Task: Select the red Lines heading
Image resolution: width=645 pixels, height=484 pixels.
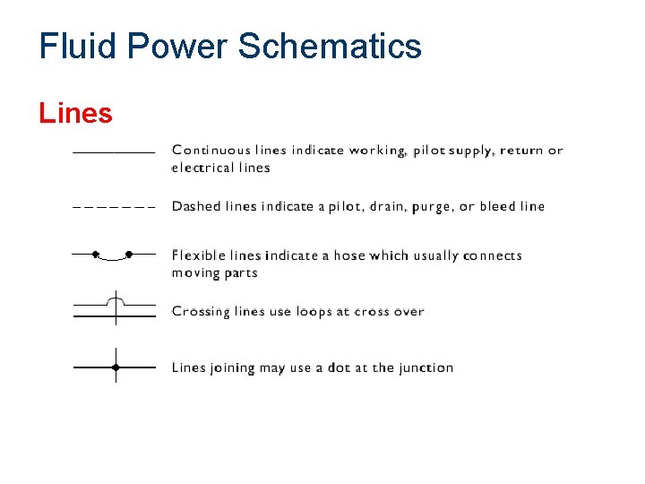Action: point(75,114)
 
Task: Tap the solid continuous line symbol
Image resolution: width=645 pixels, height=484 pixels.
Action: point(114,152)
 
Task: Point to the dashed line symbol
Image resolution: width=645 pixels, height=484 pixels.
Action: point(114,208)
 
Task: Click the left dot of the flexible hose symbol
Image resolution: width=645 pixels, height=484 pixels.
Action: point(95,255)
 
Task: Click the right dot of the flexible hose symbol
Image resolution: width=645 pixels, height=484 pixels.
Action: point(129,255)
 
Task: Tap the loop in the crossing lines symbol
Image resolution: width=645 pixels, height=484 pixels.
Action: point(115,297)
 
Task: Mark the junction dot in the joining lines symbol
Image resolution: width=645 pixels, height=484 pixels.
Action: point(116,367)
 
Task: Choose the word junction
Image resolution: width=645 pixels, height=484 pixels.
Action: point(426,368)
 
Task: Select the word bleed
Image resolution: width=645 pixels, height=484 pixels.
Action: point(497,206)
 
